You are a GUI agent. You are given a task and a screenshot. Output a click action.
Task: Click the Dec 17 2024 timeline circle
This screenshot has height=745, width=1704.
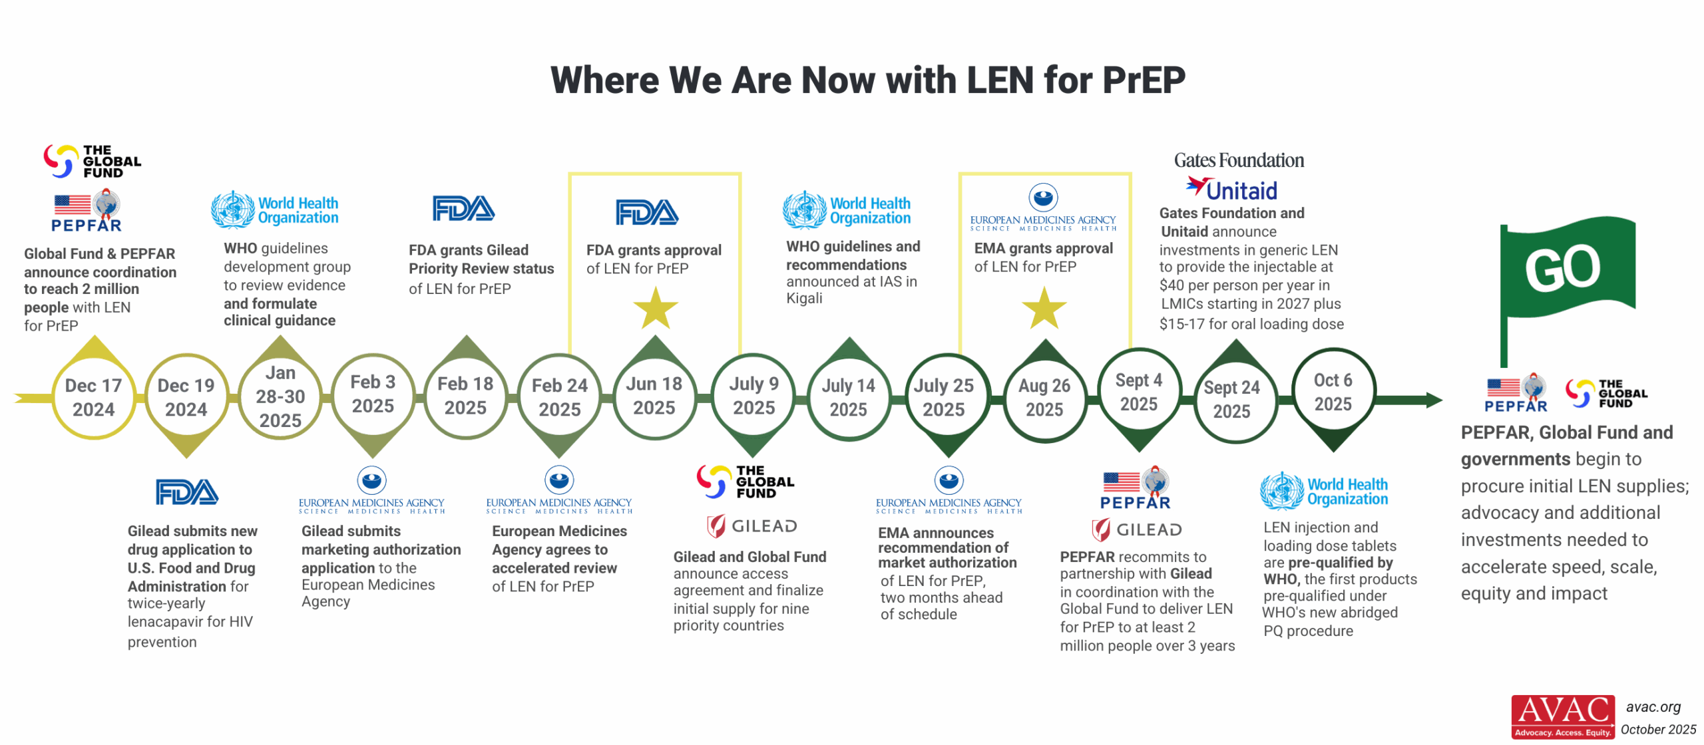coord(93,397)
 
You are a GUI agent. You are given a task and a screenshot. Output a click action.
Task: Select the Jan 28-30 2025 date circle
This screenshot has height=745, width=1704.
coord(280,397)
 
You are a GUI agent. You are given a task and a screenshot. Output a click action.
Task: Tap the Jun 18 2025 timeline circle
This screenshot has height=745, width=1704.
coord(654,396)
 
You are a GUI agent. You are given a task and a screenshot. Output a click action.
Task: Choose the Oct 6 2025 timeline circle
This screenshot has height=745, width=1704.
coord(1333,392)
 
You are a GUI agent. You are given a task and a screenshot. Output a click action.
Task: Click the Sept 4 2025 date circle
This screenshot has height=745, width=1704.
coord(1138,392)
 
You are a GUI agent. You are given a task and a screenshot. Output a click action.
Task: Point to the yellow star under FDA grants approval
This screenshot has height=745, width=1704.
coord(655,309)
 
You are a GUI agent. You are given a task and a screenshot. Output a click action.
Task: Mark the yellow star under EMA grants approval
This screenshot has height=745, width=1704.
coord(1044,309)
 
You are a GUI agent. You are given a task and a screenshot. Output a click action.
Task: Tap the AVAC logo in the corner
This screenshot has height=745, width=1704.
coord(1562,716)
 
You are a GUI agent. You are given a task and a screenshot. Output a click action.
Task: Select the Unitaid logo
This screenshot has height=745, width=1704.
coord(1231,190)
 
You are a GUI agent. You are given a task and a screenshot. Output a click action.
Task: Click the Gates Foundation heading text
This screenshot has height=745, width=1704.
coord(1238,160)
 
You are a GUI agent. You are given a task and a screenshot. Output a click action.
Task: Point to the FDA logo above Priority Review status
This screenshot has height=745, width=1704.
coord(463,209)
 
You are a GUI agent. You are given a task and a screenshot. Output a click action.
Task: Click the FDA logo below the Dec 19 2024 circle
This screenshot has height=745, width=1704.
coord(186,492)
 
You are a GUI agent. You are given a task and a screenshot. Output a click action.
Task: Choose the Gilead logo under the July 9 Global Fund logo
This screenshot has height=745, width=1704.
coord(751,526)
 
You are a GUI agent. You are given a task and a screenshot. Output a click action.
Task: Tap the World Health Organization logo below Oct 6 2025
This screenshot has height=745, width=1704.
coord(1323,492)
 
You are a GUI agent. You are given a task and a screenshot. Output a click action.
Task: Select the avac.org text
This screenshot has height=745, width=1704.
coord(1653,707)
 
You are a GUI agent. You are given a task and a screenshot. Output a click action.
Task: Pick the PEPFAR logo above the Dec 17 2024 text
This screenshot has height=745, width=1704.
coord(87,212)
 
